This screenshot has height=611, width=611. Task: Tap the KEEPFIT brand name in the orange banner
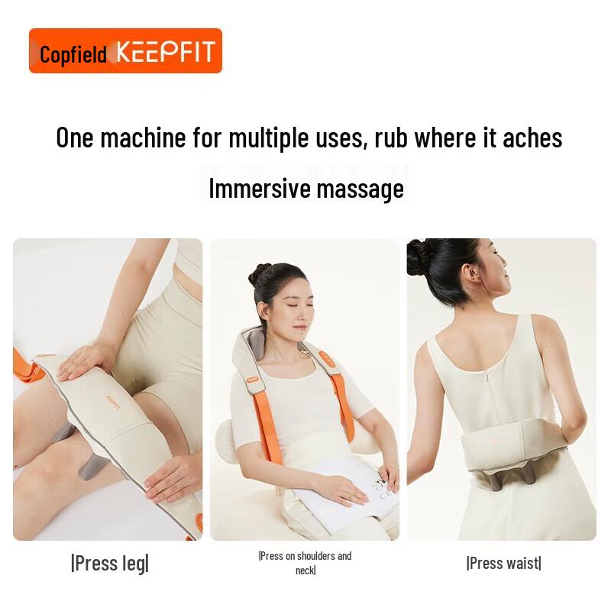[x=165, y=52]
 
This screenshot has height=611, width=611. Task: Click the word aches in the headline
[x=528, y=138]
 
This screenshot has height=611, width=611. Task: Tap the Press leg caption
[x=109, y=564]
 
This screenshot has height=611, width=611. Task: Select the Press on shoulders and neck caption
[x=305, y=563]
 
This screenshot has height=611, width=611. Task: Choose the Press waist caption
[x=503, y=564]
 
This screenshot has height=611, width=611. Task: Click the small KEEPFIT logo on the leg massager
[x=114, y=402]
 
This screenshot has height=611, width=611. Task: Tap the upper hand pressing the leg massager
[x=84, y=359]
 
